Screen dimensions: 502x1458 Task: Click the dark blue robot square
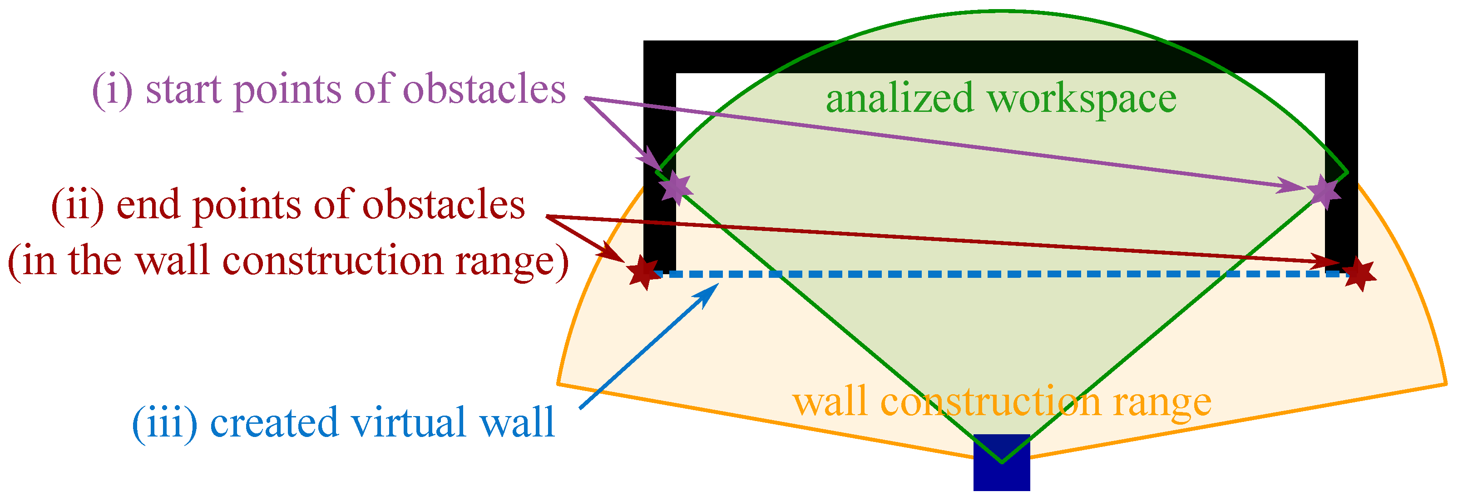point(1001,463)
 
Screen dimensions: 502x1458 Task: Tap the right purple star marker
point(1325,191)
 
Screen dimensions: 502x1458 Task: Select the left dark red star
point(645,272)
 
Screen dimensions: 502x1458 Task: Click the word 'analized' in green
point(900,98)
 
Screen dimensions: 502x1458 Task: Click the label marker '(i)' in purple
point(112,90)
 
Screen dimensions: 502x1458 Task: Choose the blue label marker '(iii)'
point(164,423)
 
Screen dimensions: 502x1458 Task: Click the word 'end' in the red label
point(149,205)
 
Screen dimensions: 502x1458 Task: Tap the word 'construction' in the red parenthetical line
point(333,262)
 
